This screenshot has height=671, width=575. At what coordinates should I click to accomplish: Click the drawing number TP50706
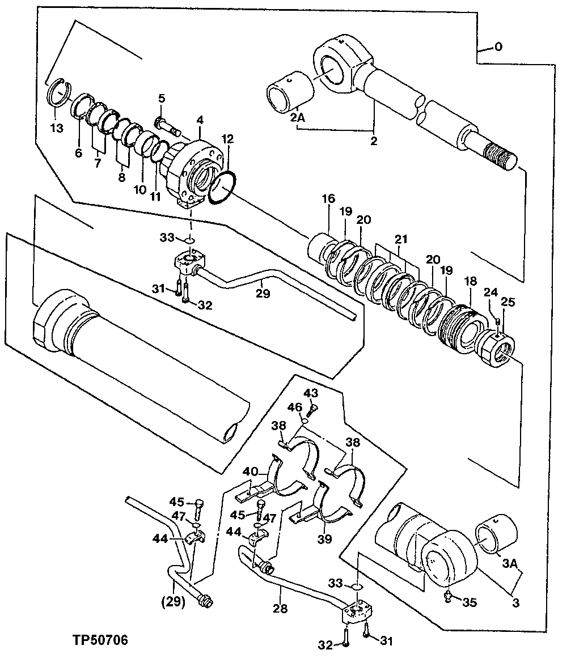[x=100, y=640]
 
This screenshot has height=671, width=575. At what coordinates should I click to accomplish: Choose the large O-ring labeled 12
[x=221, y=186]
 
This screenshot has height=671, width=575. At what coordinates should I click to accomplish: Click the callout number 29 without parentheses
[x=263, y=294]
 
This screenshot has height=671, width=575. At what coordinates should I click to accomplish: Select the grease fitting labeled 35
[x=447, y=595]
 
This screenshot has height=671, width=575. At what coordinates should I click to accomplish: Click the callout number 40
[x=251, y=472]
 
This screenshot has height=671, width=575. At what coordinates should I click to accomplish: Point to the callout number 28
[x=280, y=609]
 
